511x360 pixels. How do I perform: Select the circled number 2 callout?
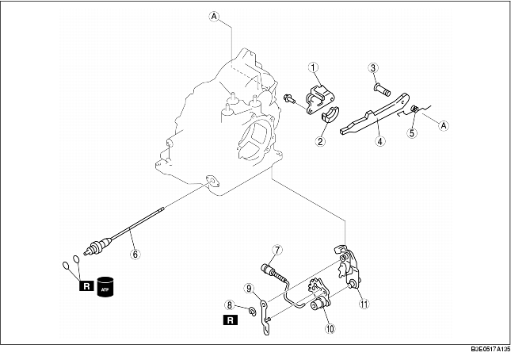tap(322, 142)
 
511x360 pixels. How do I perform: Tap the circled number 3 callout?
tap(372, 69)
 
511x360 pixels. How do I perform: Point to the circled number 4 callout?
tap(381, 143)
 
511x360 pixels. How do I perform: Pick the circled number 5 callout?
tap(411, 133)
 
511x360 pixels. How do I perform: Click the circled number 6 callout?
tap(134, 255)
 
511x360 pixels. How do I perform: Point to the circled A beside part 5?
tap(443, 124)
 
